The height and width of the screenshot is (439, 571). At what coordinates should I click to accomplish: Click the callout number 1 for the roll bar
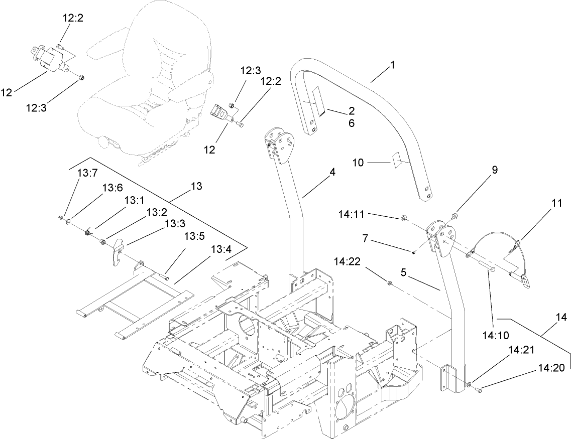tap(393, 65)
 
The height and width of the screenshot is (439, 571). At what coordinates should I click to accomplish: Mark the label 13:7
tap(86, 173)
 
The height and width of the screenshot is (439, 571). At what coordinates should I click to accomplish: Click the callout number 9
tap(495, 170)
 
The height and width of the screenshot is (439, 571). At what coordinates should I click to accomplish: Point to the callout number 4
tap(332, 172)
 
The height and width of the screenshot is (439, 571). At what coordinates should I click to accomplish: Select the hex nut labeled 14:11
tap(404, 218)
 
